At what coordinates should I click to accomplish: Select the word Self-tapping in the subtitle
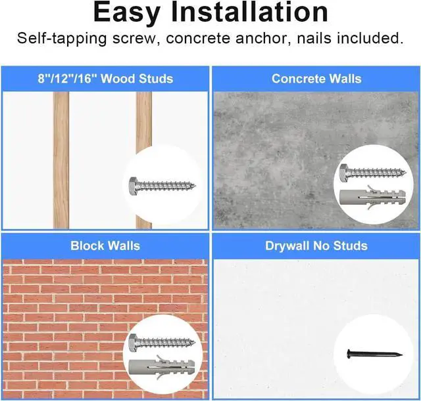click(56, 38)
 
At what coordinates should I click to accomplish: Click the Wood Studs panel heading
click(105, 79)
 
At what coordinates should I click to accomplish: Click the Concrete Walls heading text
click(316, 79)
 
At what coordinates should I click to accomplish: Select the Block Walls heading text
click(105, 245)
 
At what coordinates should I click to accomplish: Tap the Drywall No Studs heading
click(316, 245)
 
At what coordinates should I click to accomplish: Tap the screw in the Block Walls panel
click(162, 341)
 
